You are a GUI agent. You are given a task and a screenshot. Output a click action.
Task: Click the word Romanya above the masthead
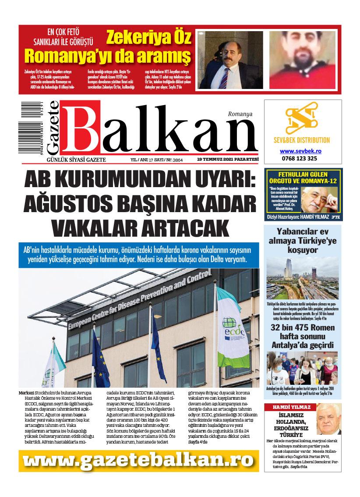pyautogui.click(x=240, y=114)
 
